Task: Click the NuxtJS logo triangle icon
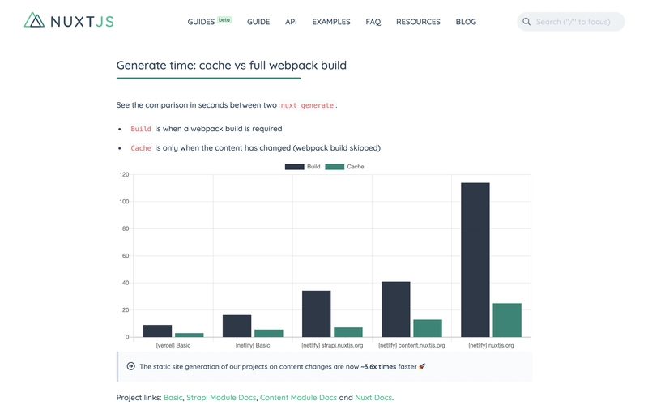34,19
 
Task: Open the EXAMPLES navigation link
331,22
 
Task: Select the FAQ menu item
373,22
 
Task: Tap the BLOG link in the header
466,22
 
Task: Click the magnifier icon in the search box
526,22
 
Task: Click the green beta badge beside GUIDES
224,19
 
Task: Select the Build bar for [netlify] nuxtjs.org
475,260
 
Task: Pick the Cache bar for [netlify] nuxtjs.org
507,320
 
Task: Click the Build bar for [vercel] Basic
157,331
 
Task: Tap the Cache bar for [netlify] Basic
269,333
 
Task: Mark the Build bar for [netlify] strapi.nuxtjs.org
316,313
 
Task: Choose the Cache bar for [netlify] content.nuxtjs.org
428,328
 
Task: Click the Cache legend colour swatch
335,167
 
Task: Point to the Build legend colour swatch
295,167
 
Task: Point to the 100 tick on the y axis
124,202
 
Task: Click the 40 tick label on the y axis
126,283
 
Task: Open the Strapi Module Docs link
221,397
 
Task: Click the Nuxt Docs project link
373,397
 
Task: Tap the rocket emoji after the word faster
422,366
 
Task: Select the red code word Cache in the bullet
141,148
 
